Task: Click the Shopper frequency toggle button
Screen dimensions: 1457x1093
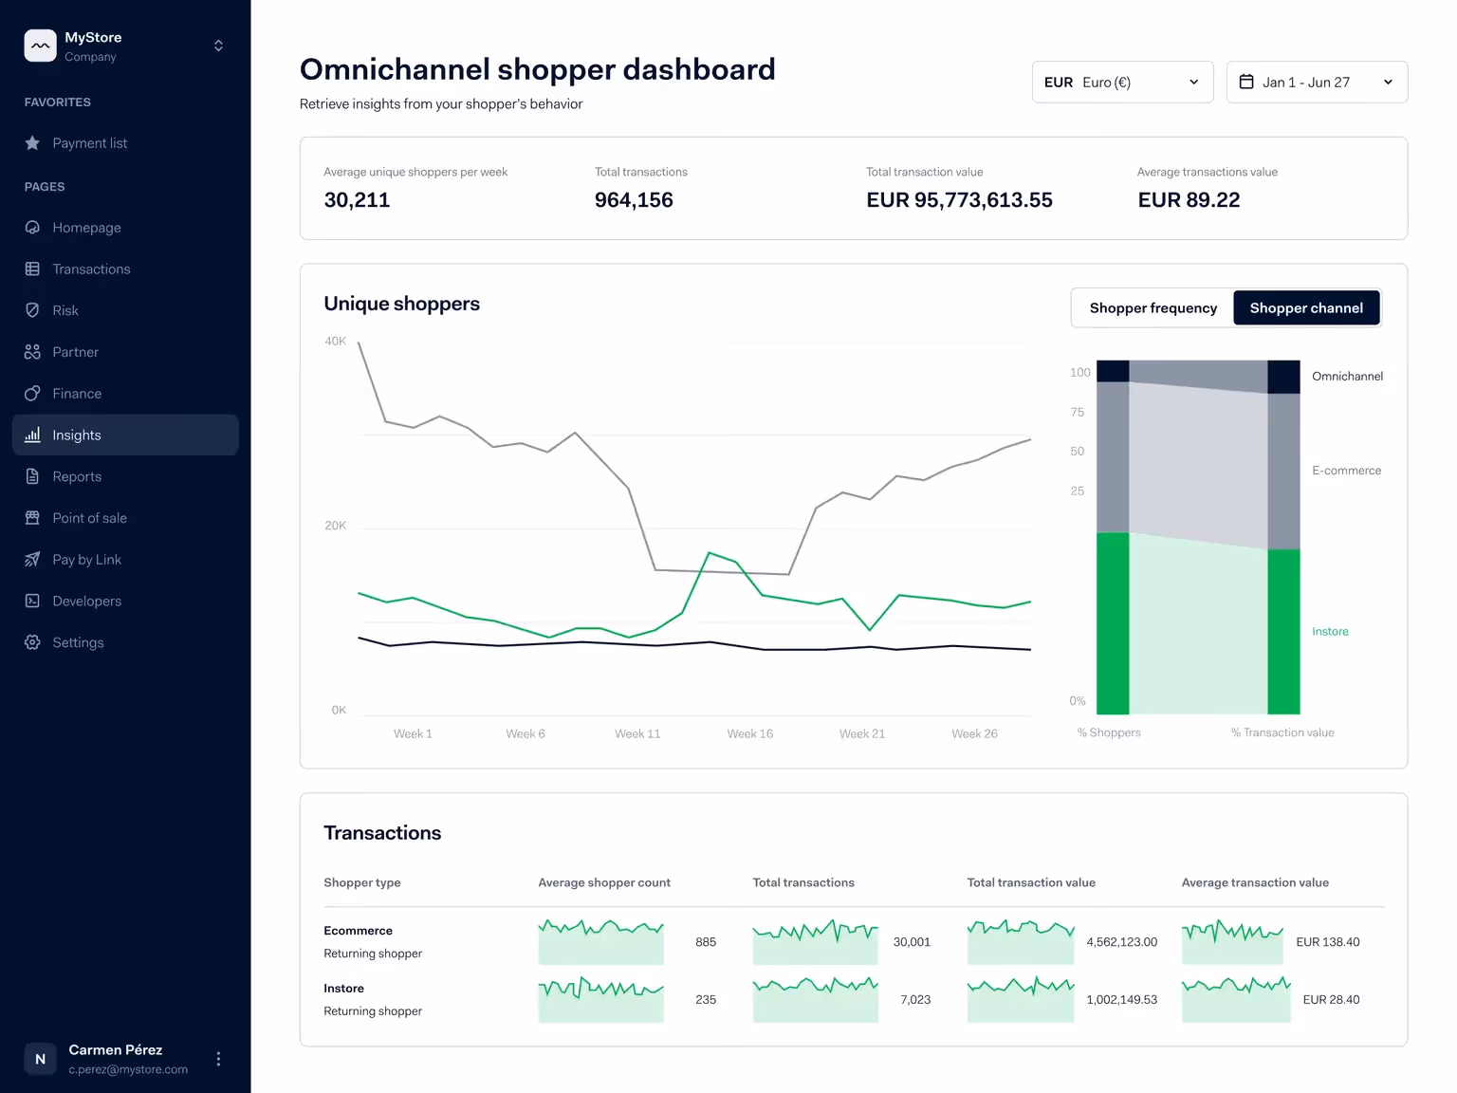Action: (x=1153, y=308)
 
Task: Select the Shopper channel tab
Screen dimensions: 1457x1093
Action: (x=1306, y=308)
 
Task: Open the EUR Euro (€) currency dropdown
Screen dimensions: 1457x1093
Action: (x=1122, y=83)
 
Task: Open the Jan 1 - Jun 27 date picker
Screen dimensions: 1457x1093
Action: (x=1317, y=83)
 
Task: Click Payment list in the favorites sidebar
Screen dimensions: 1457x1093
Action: (x=89, y=143)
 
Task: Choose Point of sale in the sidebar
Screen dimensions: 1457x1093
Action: (x=89, y=518)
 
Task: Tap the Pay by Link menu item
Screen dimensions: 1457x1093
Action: (x=87, y=560)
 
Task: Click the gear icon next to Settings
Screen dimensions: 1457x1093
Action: (x=32, y=642)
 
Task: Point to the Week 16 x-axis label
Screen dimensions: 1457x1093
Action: (x=750, y=733)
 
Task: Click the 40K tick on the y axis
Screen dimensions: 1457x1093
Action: (x=335, y=342)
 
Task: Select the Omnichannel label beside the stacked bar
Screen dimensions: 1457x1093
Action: (x=1348, y=377)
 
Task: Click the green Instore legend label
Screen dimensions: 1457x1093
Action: (x=1330, y=631)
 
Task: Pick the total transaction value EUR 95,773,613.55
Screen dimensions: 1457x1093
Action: (x=959, y=200)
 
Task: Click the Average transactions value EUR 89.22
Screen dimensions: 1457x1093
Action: (x=1189, y=200)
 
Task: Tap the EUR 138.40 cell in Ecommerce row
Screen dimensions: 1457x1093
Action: (x=1328, y=942)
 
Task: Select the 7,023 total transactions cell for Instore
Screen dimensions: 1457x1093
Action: (x=915, y=999)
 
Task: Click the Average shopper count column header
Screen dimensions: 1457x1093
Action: (x=604, y=882)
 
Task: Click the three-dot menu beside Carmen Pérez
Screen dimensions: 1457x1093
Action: (x=218, y=1059)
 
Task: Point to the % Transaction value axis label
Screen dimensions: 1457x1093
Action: (x=1282, y=732)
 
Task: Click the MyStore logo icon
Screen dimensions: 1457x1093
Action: (x=41, y=46)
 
